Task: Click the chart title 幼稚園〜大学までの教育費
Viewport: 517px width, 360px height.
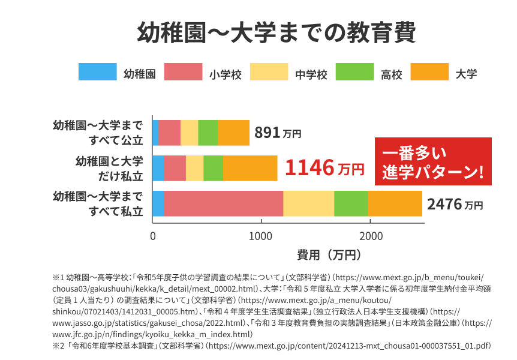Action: coord(276,33)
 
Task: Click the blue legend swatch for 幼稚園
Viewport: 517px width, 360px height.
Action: coord(97,71)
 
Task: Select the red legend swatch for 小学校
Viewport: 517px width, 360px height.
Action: coord(183,71)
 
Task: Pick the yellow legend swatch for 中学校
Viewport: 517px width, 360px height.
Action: coord(269,71)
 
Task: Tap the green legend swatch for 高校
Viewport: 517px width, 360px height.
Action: coord(354,71)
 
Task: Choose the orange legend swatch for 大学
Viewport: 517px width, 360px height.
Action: coord(429,71)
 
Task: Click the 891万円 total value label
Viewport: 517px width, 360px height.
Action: coord(277,133)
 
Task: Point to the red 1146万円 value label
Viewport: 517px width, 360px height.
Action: coord(324,168)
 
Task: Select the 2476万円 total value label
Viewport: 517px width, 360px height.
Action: coord(455,204)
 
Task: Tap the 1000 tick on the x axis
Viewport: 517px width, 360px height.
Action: coord(261,235)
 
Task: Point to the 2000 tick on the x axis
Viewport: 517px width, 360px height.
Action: coord(371,235)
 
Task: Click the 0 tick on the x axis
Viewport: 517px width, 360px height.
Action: coord(153,235)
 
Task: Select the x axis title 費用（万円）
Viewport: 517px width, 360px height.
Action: coord(329,254)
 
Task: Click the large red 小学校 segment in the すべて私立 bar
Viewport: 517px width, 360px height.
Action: coord(223,203)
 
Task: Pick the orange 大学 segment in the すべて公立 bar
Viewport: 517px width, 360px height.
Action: coord(233,133)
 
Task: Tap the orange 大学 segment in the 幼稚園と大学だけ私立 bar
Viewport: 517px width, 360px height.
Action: coord(250,168)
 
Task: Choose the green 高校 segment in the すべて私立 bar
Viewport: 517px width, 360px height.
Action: coord(351,203)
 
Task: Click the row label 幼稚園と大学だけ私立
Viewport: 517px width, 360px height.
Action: coord(109,168)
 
